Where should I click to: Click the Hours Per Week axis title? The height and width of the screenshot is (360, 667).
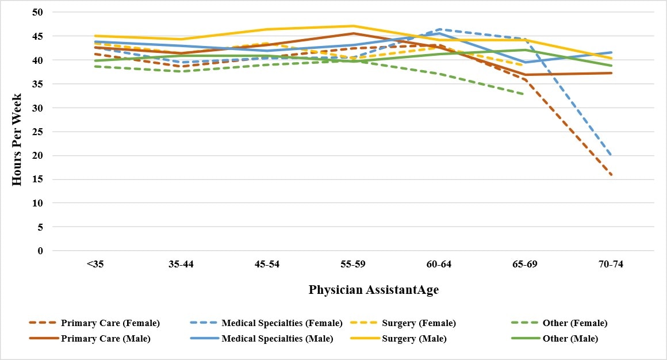coord(17,132)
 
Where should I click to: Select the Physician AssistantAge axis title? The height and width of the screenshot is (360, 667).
coord(373,290)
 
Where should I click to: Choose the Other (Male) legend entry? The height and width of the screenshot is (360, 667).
coord(570,339)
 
